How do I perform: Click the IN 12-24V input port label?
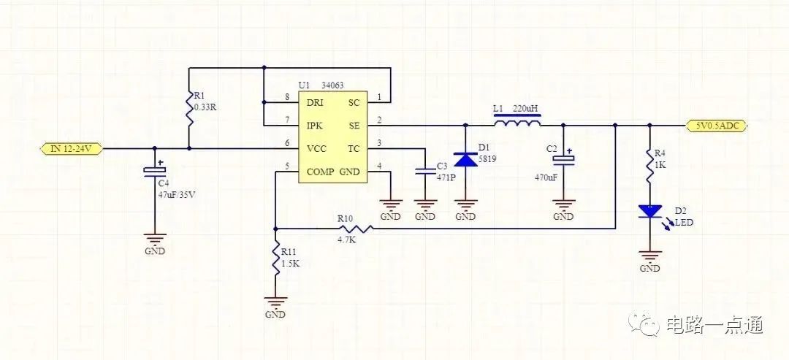tap(72, 148)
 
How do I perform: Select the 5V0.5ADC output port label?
tap(717, 126)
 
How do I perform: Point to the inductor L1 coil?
tap(517, 121)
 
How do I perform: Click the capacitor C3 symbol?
tap(425, 172)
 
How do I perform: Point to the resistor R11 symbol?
tap(275, 259)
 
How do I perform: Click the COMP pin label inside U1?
tap(321, 172)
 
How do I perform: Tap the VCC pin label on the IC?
tap(316, 149)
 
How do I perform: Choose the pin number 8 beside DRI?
tap(287, 97)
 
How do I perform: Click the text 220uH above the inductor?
tap(526, 109)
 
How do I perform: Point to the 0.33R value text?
tap(205, 107)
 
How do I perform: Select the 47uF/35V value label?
tap(176, 195)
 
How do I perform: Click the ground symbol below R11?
tap(275, 303)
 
